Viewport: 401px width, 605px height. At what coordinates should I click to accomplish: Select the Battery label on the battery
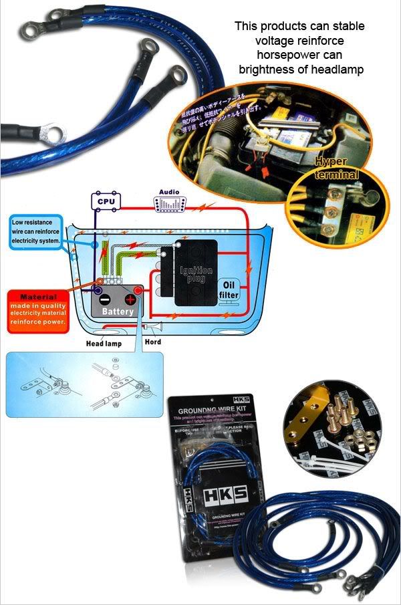[118, 311]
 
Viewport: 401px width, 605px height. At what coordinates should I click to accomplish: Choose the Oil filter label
[229, 289]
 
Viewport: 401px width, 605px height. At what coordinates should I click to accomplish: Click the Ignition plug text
[196, 273]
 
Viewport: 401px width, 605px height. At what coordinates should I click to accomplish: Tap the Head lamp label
[103, 344]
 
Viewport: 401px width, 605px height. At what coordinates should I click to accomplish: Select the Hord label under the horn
[153, 342]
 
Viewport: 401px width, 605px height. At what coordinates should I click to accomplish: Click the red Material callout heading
[38, 296]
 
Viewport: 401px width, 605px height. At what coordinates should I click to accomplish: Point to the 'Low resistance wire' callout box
[36, 230]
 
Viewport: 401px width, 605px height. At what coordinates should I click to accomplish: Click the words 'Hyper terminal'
[338, 167]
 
